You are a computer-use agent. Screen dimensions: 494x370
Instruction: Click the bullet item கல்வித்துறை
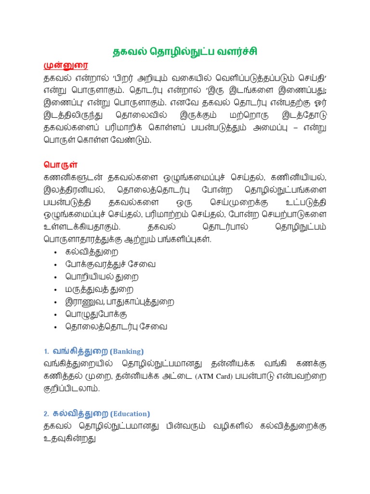point(92,252)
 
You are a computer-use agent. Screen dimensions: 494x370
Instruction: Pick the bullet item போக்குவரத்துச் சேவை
point(111,264)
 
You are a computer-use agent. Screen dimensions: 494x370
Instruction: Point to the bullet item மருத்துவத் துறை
point(100,289)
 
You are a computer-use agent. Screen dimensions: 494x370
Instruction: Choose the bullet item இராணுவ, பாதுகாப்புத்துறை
point(120,302)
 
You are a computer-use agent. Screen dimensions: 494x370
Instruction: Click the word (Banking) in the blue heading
point(127,351)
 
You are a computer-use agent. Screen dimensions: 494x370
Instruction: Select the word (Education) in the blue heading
point(130,414)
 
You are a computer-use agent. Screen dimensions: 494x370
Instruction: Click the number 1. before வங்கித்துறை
point(46,351)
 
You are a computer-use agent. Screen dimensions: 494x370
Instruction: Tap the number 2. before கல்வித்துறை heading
point(46,414)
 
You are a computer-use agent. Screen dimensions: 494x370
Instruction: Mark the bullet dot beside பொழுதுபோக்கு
point(56,315)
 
